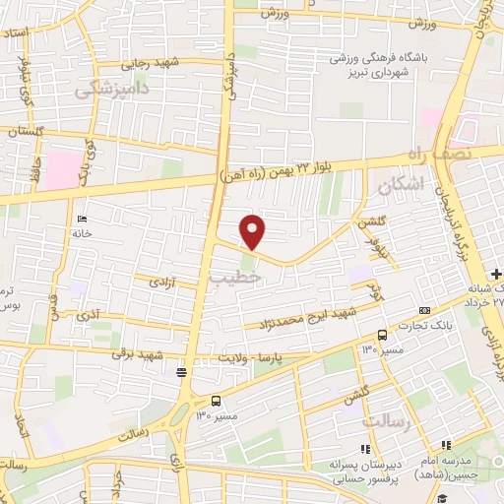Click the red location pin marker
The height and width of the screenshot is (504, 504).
(x=254, y=232)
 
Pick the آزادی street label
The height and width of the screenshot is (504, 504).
(x=160, y=283)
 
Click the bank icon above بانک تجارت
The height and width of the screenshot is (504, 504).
(x=424, y=311)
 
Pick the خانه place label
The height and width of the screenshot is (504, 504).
(x=81, y=233)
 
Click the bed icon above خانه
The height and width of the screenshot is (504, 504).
(x=81, y=218)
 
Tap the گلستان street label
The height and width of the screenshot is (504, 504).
(x=27, y=131)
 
